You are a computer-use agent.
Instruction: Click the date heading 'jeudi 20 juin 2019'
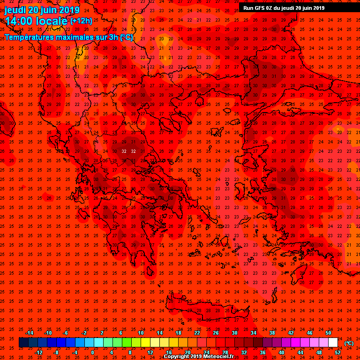pyautogui.click(x=42, y=10)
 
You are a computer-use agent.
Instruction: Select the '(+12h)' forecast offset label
pyautogui.click(x=82, y=21)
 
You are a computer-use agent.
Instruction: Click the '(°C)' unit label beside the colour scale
pyautogui.click(x=349, y=343)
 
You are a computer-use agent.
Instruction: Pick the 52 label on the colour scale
pyautogui.click(x=338, y=352)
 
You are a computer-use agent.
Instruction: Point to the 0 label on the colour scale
pyautogui.click(x=92, y=352)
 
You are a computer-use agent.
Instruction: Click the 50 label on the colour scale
pyautogui.click(x=328, y=333)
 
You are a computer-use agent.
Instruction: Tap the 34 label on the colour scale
pyautogui.click(x=253, y=333)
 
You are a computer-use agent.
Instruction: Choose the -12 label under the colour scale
pyautogui.click(x=38, y=352)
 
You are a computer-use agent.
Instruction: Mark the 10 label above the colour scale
pyautogui.click(x=141, y=333)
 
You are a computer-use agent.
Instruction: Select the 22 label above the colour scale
pyautogui.click(x=197, y=333)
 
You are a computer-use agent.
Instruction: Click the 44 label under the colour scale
pyautogui.click(x=300, y=352)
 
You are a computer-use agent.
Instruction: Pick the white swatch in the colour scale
pyautogui.click(x=333, y=343)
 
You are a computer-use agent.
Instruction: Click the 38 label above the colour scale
pyautogui.click(x=272, y=333)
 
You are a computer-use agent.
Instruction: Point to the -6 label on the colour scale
pyautogui.click(x=66, y=333)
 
